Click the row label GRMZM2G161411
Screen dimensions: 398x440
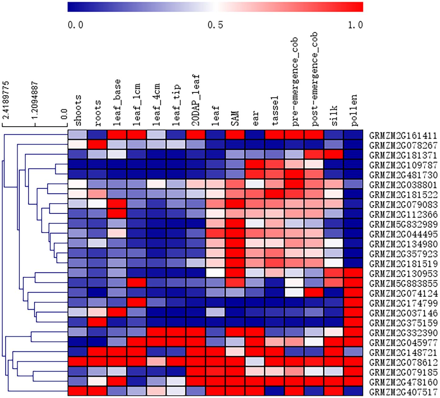tap(403, 136)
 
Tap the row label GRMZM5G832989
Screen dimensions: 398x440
tap(403, 224)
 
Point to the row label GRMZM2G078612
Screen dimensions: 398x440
tap(403, 362)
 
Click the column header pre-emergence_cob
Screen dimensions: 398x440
tap(295, 81)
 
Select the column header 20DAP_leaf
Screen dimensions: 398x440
tap(196, 99)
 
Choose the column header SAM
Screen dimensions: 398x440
tap(235, 118)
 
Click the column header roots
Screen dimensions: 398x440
tap(97, 113)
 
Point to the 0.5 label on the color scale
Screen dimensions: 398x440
tap(215, 25)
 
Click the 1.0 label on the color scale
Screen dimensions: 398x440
tap(355, 25)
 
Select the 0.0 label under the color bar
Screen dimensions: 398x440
tap(75, 25)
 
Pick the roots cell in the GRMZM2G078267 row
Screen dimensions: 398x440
tap(97, 145)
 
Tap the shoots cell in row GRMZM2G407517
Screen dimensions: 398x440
tap(78, 391)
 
